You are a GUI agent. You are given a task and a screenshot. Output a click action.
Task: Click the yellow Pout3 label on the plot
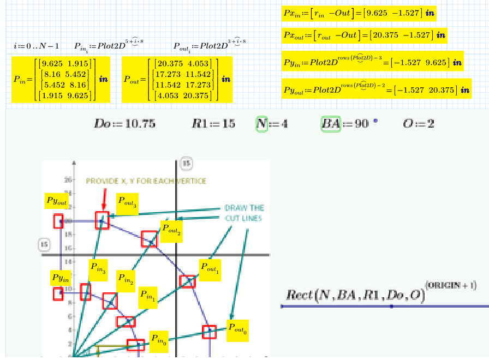click(x=127, y=202)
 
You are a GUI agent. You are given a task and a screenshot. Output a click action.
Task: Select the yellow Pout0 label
click(x=237, y=330)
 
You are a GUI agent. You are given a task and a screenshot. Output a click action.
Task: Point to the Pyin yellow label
click(x=61, y=278)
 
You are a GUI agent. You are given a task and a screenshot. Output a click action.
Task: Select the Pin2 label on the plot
click(x=125, y=281)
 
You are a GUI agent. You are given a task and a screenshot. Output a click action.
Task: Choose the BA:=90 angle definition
click(x=347, y=124)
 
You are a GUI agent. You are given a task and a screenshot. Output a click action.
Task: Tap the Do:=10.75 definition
click(x=124, y=124)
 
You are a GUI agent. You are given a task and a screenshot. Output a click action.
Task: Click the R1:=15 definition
click(x=213, y=124)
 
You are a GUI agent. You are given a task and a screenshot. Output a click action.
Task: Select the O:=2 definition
click(x=419, y=124)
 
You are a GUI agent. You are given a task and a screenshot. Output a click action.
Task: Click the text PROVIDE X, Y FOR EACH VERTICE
click(x=146, y=181)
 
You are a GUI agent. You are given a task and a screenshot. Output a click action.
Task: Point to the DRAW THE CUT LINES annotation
click(x=244, y=213)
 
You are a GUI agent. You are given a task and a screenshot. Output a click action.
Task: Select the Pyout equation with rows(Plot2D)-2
click(x=377, y=89)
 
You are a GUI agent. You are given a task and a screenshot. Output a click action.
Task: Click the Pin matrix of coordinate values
click(x=61, y=80)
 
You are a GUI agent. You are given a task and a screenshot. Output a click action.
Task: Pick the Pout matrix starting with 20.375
click(x=177, y=80)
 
